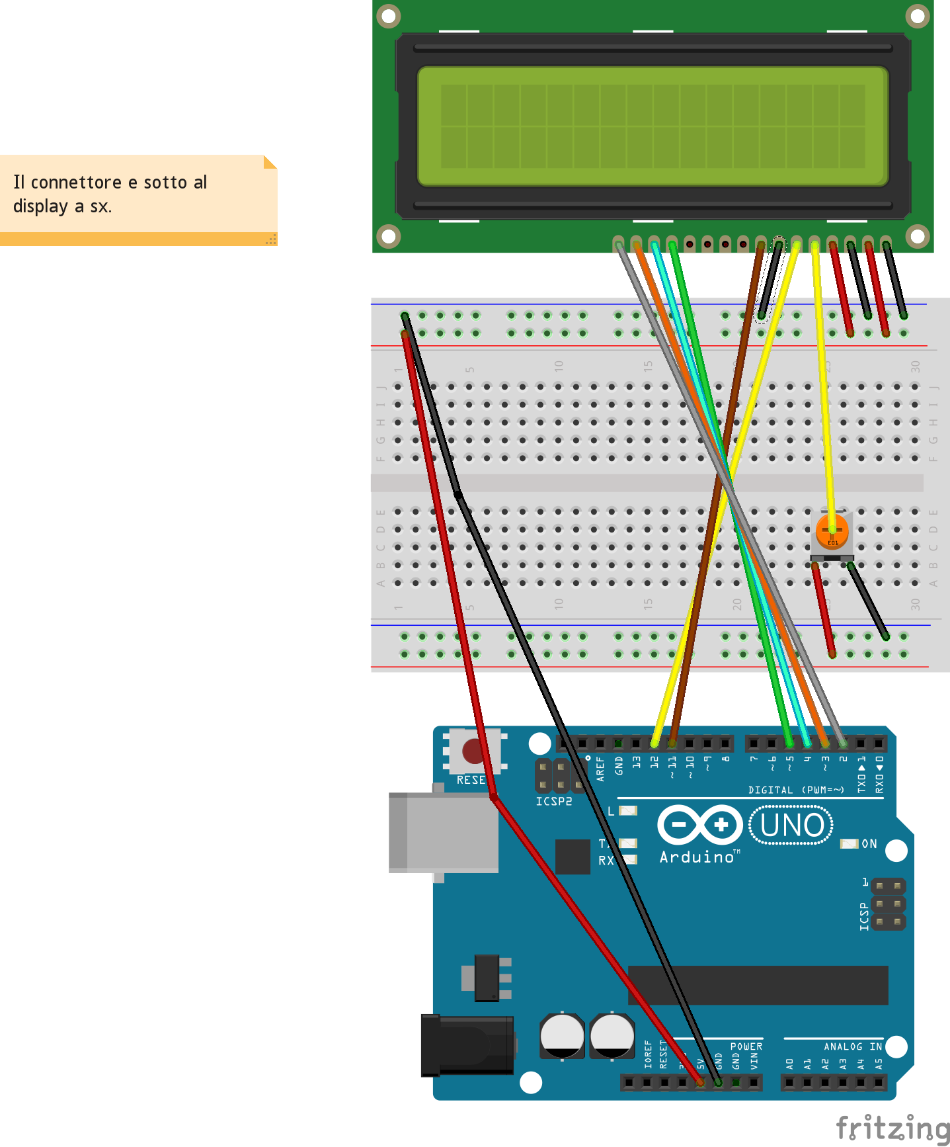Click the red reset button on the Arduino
(473, 751)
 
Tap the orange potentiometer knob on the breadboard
(832, 531)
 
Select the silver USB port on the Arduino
(443, 833)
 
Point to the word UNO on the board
(792, 826)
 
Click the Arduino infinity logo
(699, 824)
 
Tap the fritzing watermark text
(892, 1128)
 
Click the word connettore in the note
(76, 183)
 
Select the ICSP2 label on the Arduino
(554, 802)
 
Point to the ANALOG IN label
(853, 1046)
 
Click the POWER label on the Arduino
(746, 1046)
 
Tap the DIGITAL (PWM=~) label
(796, 790)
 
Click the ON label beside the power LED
(869, 844)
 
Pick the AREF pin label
(600, 769)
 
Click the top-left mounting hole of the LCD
(388, 15)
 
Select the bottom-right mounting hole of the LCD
(918, 235)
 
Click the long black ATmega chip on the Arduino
(758, 985)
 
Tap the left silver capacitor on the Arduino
(562, 1036)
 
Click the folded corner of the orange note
(269, 162)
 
